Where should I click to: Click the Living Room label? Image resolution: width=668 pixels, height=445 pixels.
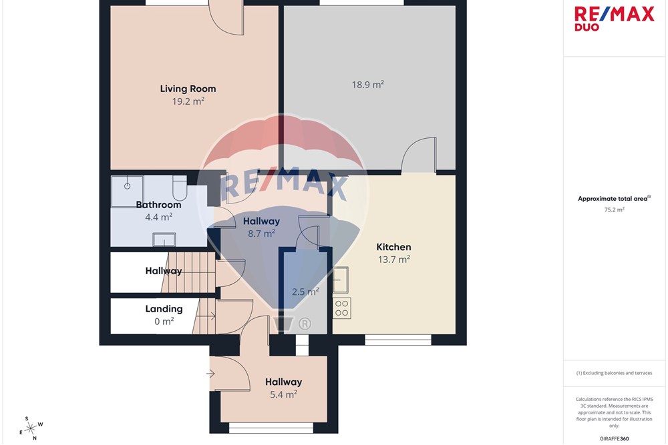coord(188,89)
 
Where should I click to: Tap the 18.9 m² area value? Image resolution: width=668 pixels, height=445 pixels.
coord(367,84)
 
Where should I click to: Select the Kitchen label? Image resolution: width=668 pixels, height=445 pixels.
coord(393,247)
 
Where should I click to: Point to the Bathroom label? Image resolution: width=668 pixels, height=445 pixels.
coord(158,205)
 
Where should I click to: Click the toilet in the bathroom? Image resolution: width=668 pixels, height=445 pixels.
coord(180,187)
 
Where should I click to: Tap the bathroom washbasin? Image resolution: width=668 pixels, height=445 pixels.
coord(164,239)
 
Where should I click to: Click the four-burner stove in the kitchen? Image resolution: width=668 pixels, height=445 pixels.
coord(341,308)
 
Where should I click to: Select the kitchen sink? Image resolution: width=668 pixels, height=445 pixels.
coord(341,280)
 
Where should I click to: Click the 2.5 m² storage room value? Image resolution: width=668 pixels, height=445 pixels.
coord(305,292)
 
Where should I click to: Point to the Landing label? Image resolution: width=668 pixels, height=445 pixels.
coord(164,309)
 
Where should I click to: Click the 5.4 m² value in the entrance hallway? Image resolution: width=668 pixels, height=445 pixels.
coord(283,394)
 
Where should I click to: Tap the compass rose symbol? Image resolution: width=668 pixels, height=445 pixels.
coord(31,428)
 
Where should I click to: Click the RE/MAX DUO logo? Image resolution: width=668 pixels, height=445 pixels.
coord(614,18)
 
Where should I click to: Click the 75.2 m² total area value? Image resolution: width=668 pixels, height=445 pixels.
coord(614,209)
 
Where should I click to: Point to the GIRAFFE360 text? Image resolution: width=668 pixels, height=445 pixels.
coord(614,438)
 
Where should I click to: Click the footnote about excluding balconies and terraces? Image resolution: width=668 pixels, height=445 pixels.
coord(614,373)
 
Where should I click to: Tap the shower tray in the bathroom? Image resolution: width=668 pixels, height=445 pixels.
coord(127,191)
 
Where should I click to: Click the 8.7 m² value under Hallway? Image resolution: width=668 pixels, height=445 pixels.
coord(261,234)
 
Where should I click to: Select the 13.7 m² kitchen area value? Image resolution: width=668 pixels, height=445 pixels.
coord(393,259)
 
